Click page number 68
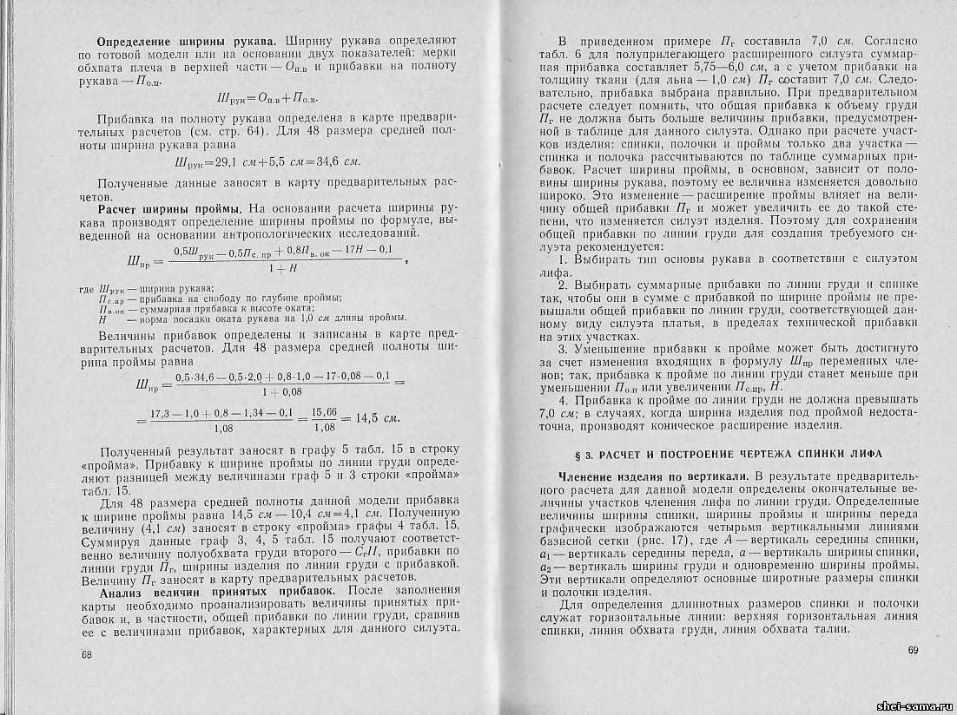(x=86, y=653)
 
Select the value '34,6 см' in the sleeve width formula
(x=333, y=162)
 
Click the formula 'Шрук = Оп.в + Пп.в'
(x=267, y=97)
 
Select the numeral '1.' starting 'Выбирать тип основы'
(x=562, y=259)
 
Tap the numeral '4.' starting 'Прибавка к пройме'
(x=562, y=400)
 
